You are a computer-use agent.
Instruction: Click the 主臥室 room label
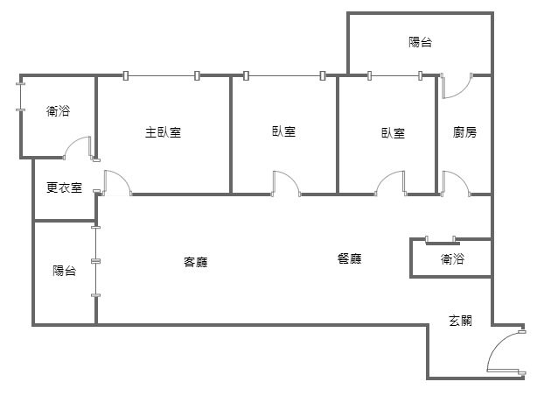163,132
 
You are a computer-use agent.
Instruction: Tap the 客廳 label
196,262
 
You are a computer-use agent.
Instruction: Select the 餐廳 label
350,258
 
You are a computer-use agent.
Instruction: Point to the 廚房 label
464,132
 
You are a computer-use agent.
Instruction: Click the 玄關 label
461,321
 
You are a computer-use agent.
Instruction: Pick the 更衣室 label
65,187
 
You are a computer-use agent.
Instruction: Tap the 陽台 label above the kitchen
421,42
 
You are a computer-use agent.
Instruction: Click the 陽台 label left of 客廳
65,271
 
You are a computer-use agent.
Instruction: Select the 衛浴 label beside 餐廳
453,258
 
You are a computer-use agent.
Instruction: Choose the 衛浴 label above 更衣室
58,110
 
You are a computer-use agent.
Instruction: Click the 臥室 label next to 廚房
394,133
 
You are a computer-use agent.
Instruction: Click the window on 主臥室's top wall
161,75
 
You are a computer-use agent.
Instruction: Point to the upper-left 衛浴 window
21,97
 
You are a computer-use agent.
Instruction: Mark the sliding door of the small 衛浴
442,241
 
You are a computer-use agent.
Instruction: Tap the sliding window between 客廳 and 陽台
95,261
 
